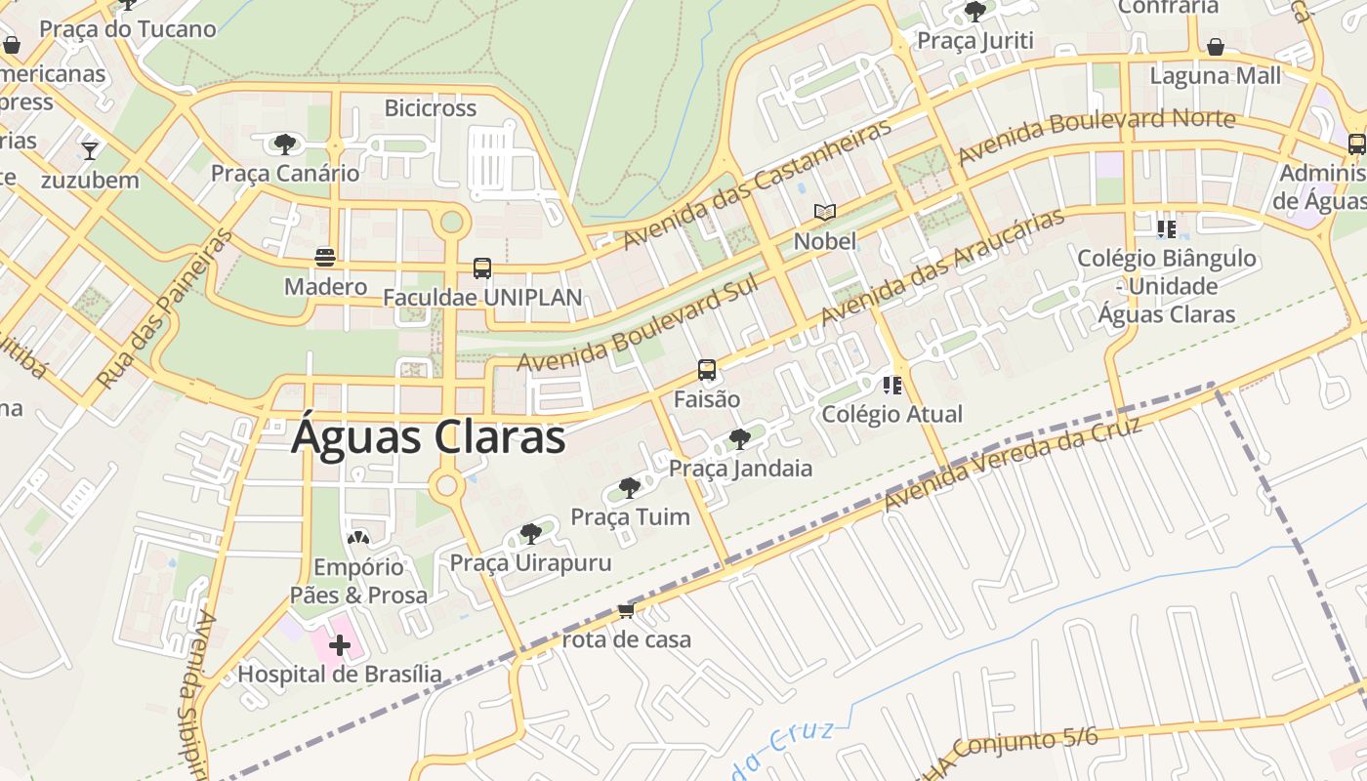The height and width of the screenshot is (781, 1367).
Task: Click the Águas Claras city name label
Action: pyautogui.click(x=429, y=437)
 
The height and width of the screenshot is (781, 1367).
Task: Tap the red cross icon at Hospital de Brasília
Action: pyautogui.click(x=340, y=644)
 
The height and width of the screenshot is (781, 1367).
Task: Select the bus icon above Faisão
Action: pyautogui.click(x=707, y=370)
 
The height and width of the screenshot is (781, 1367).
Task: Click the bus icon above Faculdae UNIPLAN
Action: pyautogui.click(x=481, y=267)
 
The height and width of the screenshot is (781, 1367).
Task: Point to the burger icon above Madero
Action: pyautogui.click(x=325, y=257)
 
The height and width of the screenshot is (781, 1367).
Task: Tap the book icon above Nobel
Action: pyautogui.click(x=825, y=212)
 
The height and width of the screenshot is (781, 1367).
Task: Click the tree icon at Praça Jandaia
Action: pyautogui.click(x=740, y=438)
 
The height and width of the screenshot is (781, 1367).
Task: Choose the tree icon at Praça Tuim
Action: pyautogui.click(x=630, y=487)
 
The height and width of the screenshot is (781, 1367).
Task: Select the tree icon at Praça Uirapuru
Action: pyautogui.click(x=530, y=533)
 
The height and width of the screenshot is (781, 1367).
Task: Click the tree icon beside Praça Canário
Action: pyautogui.click(x=284, y=144)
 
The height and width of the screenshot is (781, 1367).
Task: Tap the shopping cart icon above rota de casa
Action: pyautogui.click(x=626, y=611)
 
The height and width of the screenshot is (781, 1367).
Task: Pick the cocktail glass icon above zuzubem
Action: pyautogui.click(x=90, y=150)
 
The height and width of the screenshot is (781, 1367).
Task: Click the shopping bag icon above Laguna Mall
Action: pyautogui.click(x=1216, y=47)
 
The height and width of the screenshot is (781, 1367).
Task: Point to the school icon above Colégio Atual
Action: pyautogui.click(x=891, y=385)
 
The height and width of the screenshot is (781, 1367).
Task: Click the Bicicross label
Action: pyautogui.click(x=431, y=107)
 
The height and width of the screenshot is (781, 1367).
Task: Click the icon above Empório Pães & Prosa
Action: pyautogui.click(x=358, y=538)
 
